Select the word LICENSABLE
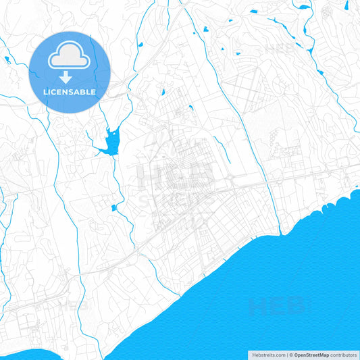[x=70, y=91]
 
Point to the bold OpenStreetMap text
[x=311, y=355]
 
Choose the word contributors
[x=343, y=355]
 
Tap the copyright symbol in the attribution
[x=291, y=355]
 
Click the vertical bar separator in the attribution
[x=286, y=355]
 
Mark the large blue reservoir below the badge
[x=109, y=142]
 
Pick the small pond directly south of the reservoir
[x=113, y=207]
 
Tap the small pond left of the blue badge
[x=7, y=59]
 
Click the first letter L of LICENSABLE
[x=45, y=91]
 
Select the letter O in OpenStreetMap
[x=297, y=355]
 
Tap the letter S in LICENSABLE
[x=71, y=91]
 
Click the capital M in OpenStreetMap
[x=322, y=355]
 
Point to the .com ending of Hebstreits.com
[x=278, y=355]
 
